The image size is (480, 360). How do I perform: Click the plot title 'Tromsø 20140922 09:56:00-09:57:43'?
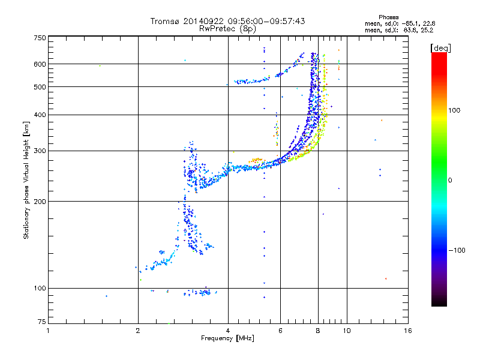click(x=227, y=21)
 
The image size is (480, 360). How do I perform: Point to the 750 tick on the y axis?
click(x=40, y=38)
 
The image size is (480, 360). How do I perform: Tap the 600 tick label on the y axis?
click(x=40, y=64)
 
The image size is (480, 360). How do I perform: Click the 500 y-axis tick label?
click(x=40, y=86)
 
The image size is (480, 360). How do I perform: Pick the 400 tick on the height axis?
click(x=40, y=115)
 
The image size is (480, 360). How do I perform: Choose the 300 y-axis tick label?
click(x=40, y=151)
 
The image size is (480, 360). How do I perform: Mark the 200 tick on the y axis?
click(x=40, y=202)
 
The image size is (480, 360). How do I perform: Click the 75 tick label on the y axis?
click(x=41, y=324)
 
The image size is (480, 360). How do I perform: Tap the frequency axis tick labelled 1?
click(x=48, y=331)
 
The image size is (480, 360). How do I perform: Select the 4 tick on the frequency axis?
click(x=228, y=331)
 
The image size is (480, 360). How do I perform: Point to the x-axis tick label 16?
click(x=407, y=331)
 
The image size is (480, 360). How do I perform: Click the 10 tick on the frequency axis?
click(x=346, y=331)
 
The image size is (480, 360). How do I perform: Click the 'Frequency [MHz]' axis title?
click(x=227, y=338)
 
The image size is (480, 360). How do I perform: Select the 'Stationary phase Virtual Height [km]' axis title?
click(x=26, y=181)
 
